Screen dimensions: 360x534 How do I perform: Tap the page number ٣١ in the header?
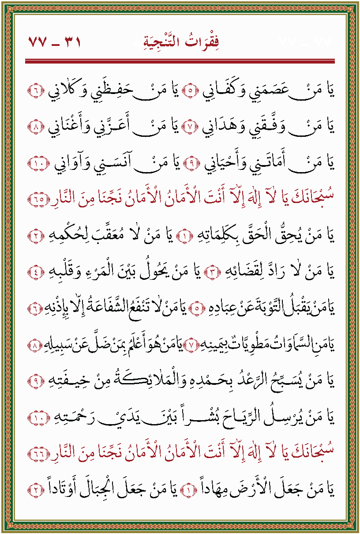pyautogui.click(x=71, y=43)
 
